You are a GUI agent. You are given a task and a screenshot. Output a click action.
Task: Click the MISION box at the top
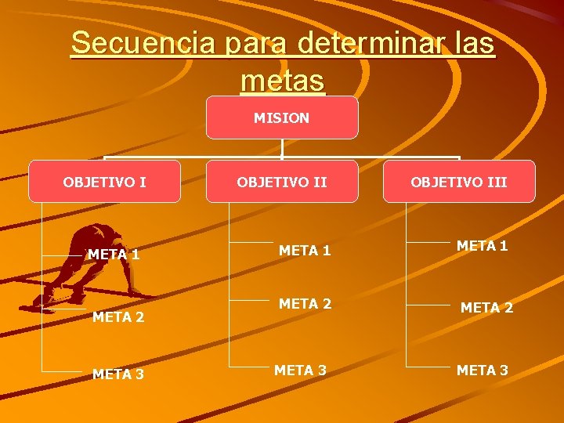(x=282, y=118)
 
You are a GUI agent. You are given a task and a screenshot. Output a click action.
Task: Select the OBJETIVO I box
(x=104, y=183)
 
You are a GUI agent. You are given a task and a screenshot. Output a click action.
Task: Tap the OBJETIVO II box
(x=282, y=183)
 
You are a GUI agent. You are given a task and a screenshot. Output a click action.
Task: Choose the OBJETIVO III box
(x=460, y=183)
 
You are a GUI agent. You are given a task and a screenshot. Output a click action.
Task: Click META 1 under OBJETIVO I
(x=114, y=255)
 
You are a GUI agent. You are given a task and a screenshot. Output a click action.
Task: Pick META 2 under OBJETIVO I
(x=118, y=317)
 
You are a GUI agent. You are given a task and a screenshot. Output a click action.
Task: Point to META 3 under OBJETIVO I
(x=118, y=374)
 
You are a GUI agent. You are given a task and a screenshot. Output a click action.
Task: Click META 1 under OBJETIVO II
(x=305, y=251)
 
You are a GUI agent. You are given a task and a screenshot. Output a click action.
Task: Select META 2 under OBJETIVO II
(x=305, y=304)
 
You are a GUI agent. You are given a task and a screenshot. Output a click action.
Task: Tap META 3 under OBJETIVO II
(x=300, y=369)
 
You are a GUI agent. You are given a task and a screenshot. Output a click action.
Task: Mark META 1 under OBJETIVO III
(x=483, y=246)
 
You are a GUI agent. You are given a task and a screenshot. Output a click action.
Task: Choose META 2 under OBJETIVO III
(x=486, y=308)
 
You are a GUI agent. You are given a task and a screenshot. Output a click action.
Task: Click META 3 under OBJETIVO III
(x=483, y=370)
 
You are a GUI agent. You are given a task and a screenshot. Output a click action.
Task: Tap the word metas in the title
(x=283, y=79)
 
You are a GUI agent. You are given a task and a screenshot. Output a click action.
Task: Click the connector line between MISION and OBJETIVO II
(x=282, y=150)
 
